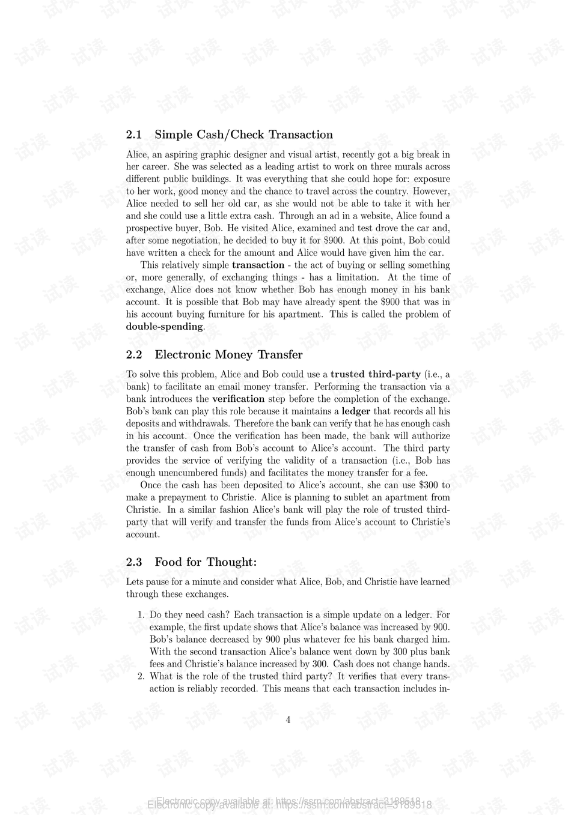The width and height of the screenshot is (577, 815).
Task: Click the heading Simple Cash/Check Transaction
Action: pos(243,135)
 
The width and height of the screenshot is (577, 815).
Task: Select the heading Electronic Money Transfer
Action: pos(228,354)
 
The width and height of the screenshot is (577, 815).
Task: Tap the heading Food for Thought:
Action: pos(206,562)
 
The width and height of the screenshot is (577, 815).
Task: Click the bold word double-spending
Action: pos(164,327)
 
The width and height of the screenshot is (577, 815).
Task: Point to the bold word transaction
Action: pos(258,265)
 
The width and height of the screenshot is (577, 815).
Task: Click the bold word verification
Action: pos(238,399)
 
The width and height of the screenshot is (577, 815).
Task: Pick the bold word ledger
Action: pos(356,411)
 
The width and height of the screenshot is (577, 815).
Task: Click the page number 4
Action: pos(288,720)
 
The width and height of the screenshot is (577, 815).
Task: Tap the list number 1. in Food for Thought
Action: pos(141,615)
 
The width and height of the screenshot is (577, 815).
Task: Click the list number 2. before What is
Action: pos(141,676)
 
